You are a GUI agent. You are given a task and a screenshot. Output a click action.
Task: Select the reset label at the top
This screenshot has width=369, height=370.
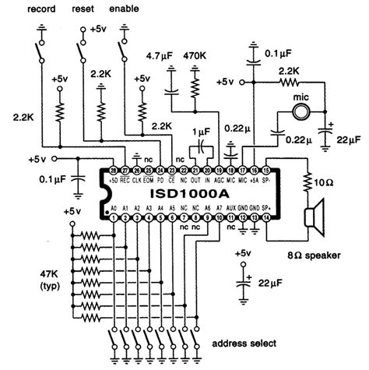tap(83, 9)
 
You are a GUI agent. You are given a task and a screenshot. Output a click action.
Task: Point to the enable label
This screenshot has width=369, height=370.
tap(126, 9)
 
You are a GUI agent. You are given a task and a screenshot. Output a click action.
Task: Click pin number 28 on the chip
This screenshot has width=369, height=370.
tap(114, 169)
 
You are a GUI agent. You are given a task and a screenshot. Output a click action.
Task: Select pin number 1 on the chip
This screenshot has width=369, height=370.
tap(114, 218)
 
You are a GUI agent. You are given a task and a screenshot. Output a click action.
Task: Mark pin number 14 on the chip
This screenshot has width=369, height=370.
tap(268, 218)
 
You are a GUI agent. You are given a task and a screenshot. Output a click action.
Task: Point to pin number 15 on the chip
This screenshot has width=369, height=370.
tap(268, 169)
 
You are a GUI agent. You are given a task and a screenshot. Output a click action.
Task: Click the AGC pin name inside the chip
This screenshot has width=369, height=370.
tap(221, 179)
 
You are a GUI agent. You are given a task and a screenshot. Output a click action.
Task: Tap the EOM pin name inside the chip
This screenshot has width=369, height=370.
tap(149, 179)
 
